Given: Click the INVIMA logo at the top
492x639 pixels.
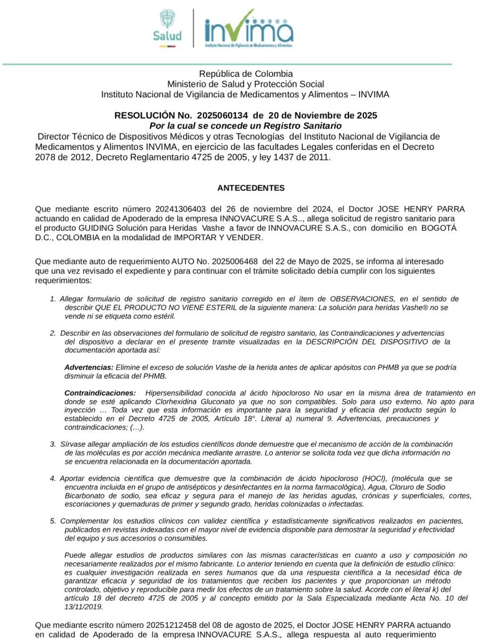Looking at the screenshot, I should tap(248, 28).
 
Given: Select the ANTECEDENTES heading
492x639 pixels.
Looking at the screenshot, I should tap(251, 188).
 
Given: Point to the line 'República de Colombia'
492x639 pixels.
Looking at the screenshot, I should tap(245, 74).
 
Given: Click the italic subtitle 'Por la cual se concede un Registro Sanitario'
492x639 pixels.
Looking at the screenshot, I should tap(245, 126).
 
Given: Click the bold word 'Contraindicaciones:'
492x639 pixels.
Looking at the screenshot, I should tap(100, 393).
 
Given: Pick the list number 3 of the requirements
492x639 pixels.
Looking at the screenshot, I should tap(53, 444).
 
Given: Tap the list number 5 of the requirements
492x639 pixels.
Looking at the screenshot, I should tap(53, 520).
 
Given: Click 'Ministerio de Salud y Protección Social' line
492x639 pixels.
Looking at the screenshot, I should tap(245, 84).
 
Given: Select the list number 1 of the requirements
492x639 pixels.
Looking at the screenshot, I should tap(53, 299).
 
